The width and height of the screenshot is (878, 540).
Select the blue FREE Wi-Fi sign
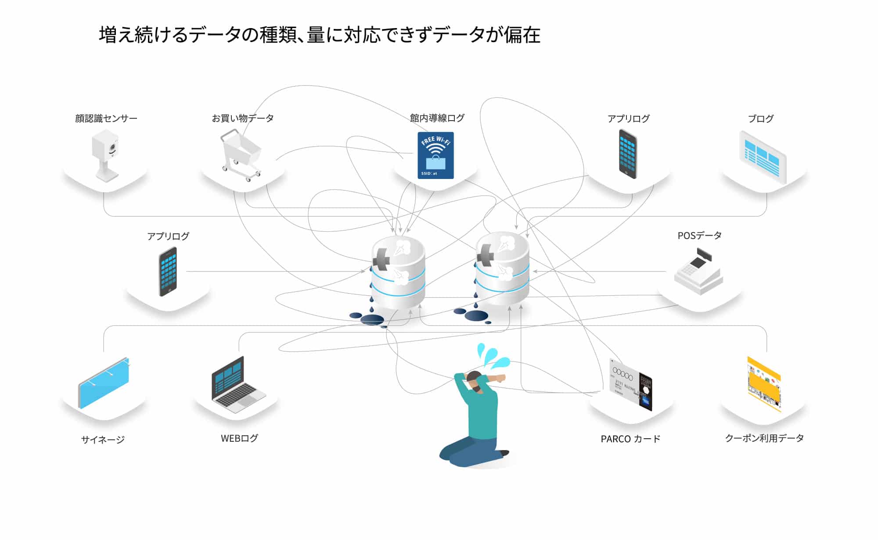click(435, 155)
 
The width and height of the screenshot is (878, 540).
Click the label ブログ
click(760, 118)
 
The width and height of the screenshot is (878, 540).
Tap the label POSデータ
click(699, 236)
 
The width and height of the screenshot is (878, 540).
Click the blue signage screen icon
click(104, 383)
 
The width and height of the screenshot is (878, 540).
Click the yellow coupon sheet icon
click(764, 384)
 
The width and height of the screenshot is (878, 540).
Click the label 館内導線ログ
click(437, 118)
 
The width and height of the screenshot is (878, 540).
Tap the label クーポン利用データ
click(764, 438)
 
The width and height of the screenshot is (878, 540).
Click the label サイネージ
click(103, 439)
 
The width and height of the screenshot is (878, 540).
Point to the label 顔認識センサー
click(106, 118)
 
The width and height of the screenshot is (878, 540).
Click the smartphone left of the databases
click(168, 272)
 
